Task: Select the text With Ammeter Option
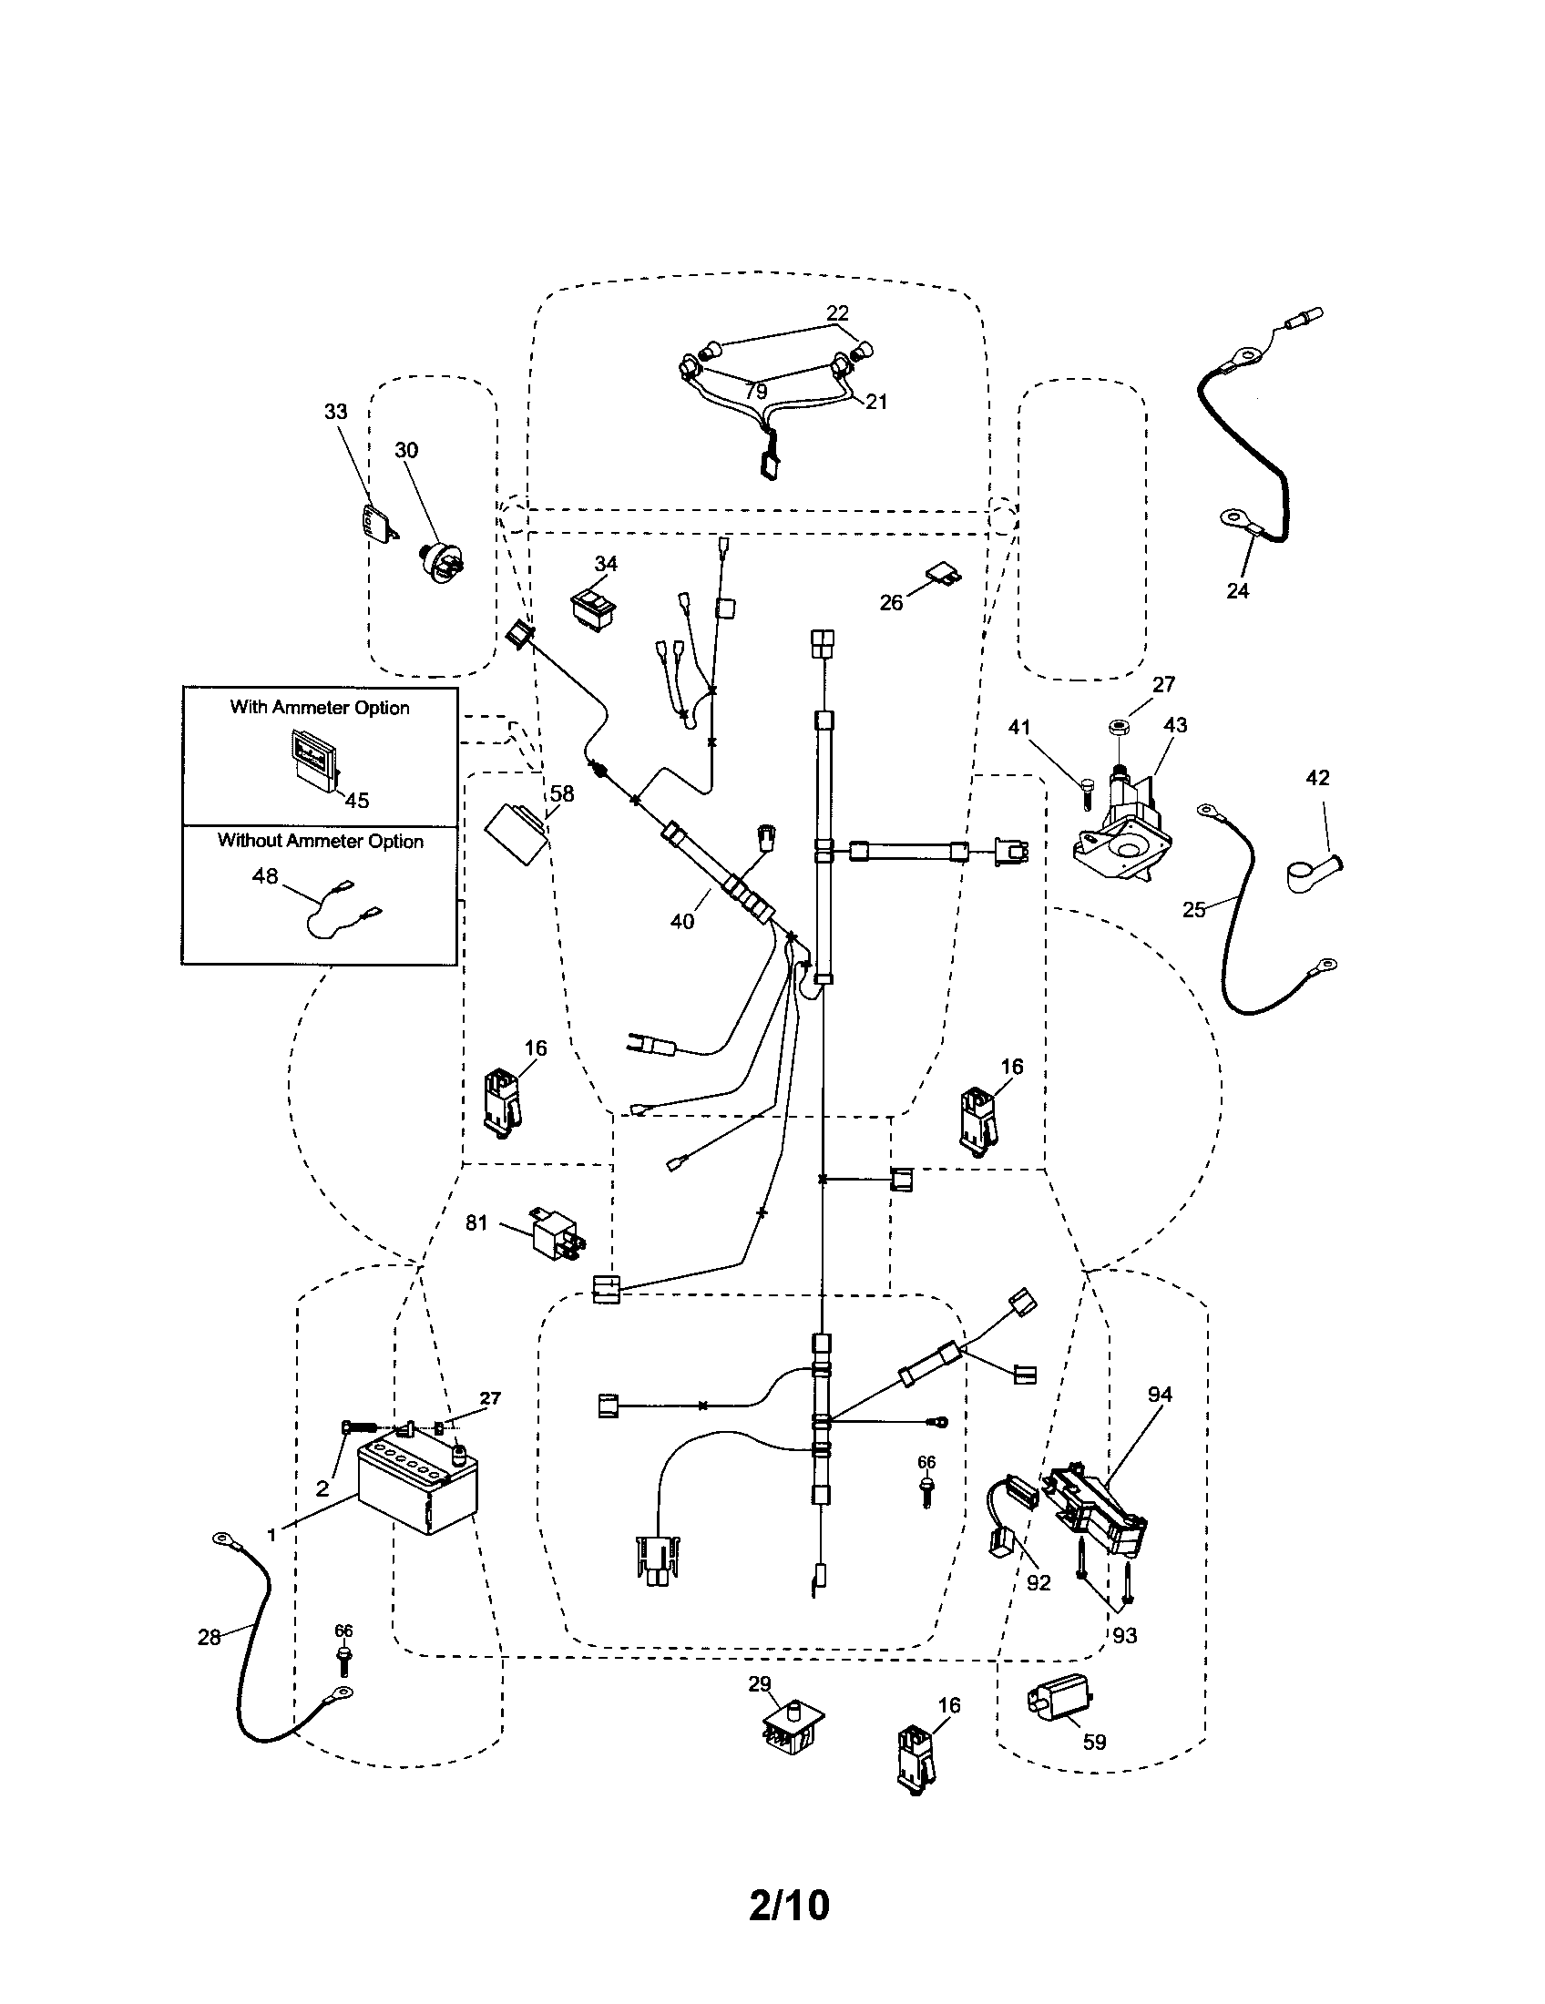pyautogui.click(x=319, y=708)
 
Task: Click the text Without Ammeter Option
pyautogui.click(x=320, y=841)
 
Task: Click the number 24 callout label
pyautogui.click(x=1237, y=591)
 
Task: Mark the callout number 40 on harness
pyautogui.click(x=682, y=921)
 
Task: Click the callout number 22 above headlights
pyautogui.click(x=836, y=312)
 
